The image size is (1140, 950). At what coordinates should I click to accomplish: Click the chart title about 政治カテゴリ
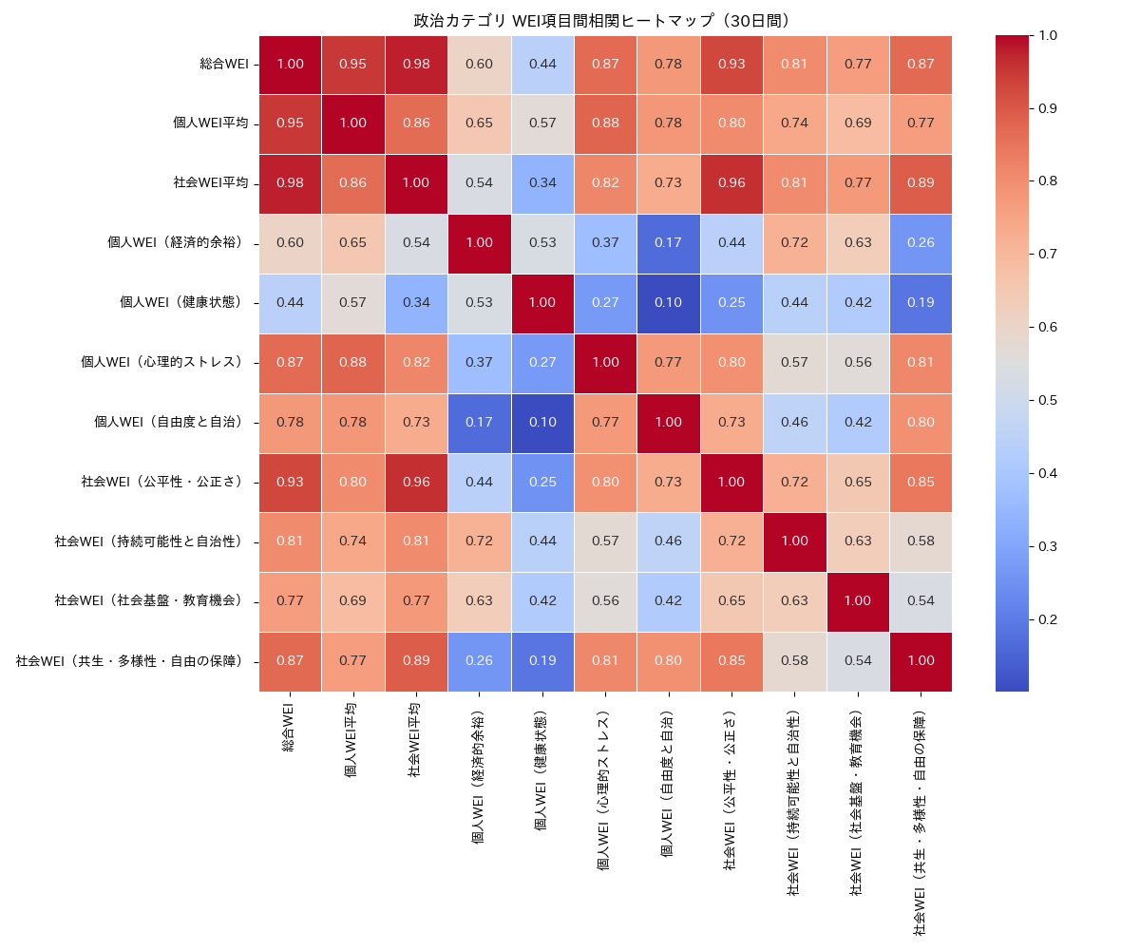click(x=601, y=20)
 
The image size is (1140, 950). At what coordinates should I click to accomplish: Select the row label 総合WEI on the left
click(x=224, y=65)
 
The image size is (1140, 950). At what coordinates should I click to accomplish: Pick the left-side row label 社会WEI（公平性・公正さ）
click(x=162, y=482)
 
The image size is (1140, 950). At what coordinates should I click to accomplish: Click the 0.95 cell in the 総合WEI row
click(x=352, y=65)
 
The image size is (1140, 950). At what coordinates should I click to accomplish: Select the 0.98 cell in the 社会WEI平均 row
click(x=290, y=183)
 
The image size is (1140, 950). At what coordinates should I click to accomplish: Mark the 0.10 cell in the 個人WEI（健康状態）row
click(x=668, y=302)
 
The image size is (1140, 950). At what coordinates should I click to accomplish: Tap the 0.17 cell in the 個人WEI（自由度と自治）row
click(x=479, y=422)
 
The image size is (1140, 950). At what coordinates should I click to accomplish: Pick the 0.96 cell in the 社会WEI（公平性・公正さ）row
click(x=415, y=482)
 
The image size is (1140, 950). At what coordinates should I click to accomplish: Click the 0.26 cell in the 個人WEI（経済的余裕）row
click(x=921, y=243)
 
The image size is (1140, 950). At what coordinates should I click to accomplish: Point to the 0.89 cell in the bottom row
click(x=415, y=660)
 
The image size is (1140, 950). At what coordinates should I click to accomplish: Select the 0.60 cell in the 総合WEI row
click(x=479, y=65)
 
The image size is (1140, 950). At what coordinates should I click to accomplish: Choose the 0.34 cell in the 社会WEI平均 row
click(x=541, y=183)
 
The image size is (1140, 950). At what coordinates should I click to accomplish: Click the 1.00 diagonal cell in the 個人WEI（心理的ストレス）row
click(x=604, y=362)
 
